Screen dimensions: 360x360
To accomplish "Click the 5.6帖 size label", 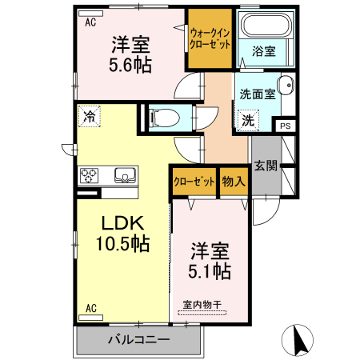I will (x=132, y=66).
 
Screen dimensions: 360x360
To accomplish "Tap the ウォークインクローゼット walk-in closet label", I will (x=210, y=38).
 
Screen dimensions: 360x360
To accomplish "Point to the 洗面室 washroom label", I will (x=258, y=93).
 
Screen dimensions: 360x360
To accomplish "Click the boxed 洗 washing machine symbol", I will (x=249, y=120).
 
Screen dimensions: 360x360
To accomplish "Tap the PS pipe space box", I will (x=285, y=125).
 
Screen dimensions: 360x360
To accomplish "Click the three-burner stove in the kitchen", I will (x=88, y=175).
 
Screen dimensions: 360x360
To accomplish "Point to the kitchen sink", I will (x=125, y=175).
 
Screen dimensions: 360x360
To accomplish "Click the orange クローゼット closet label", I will (x=194, y=181).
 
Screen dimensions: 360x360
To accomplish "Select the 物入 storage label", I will (x=234, y=181).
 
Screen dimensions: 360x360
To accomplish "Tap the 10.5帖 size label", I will (x=122, y=245).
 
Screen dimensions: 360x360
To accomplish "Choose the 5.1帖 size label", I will (x=210, y=270).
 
